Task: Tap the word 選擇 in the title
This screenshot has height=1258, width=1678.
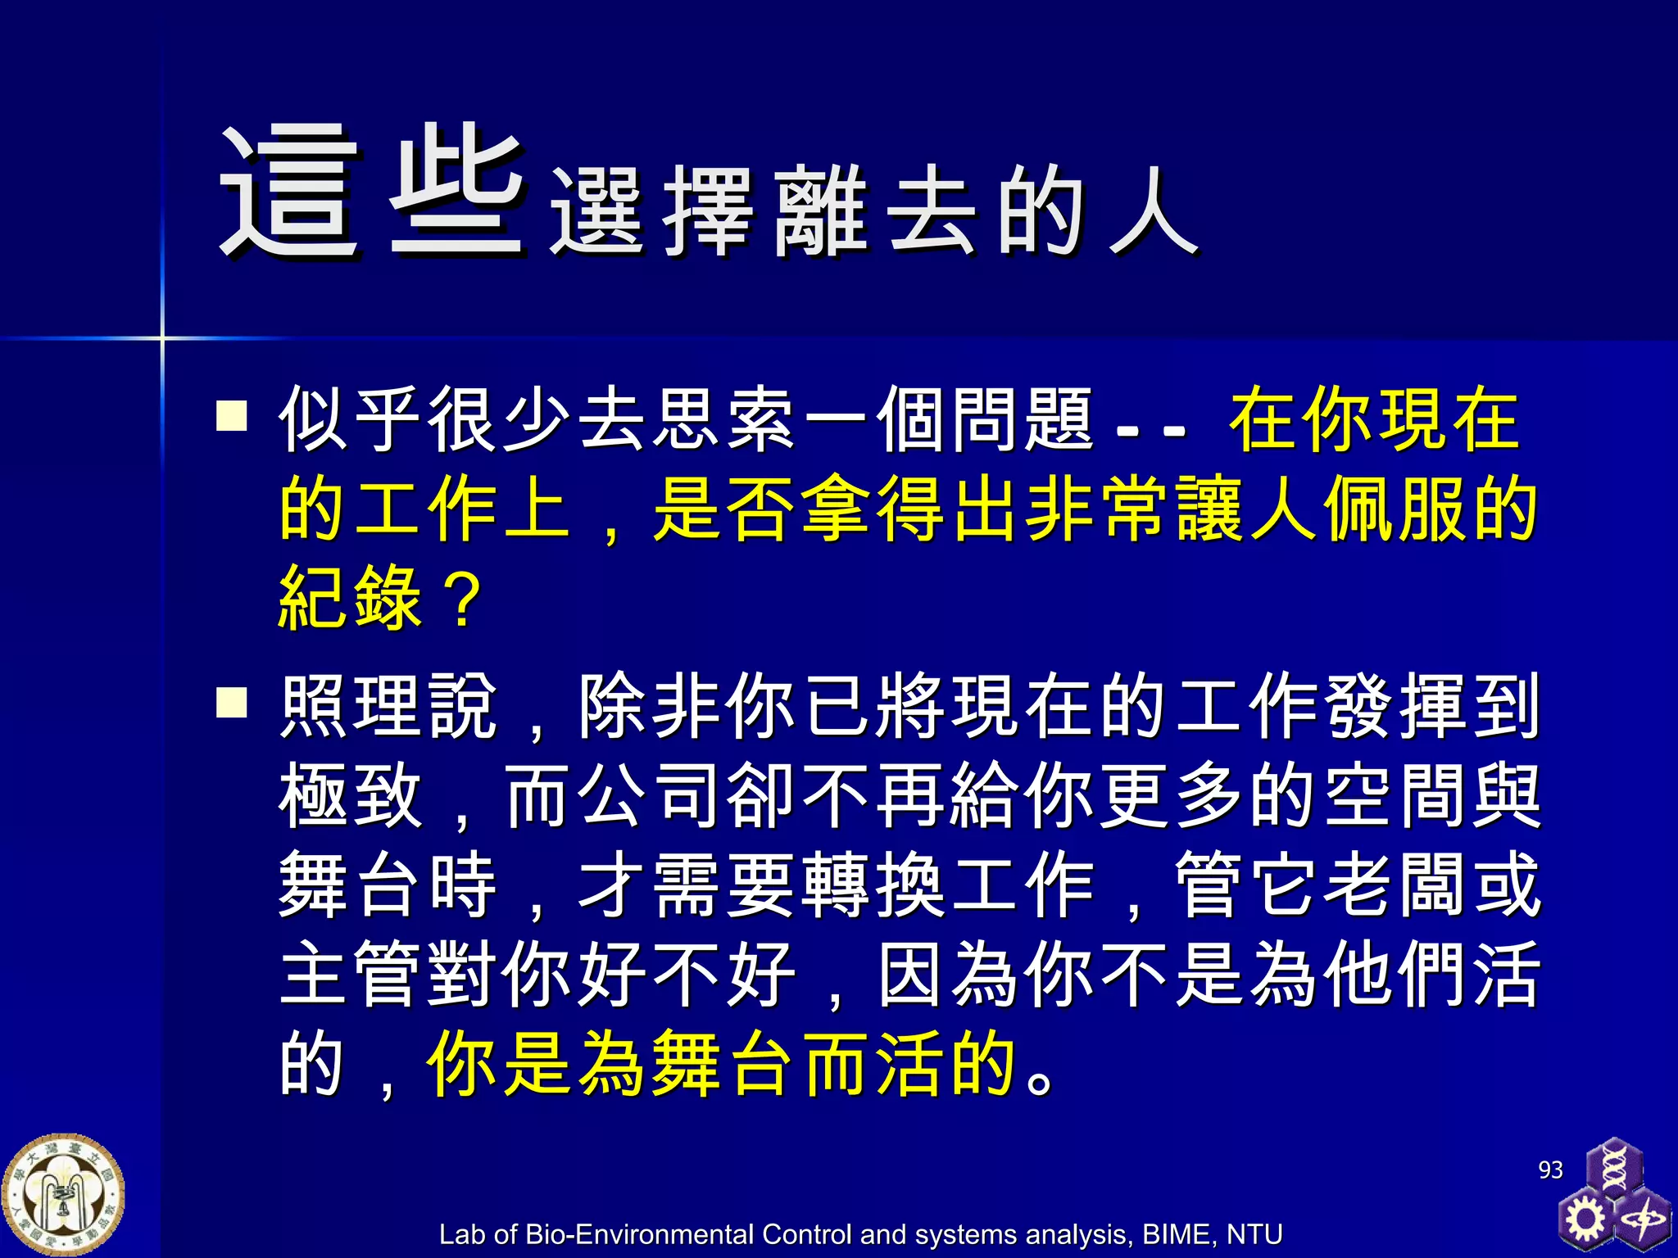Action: (651, 213)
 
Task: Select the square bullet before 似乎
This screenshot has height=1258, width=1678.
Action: (232, 415)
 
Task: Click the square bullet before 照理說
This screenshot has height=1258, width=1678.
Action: (232, 702)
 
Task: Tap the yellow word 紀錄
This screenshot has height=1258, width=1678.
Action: (351, 598)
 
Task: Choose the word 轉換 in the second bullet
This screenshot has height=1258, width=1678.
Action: (873, 885)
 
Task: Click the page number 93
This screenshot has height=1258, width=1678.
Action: (1550, 1170)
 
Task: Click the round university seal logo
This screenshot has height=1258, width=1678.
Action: (63, 1196)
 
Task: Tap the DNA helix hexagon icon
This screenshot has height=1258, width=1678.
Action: (1614, 1167)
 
